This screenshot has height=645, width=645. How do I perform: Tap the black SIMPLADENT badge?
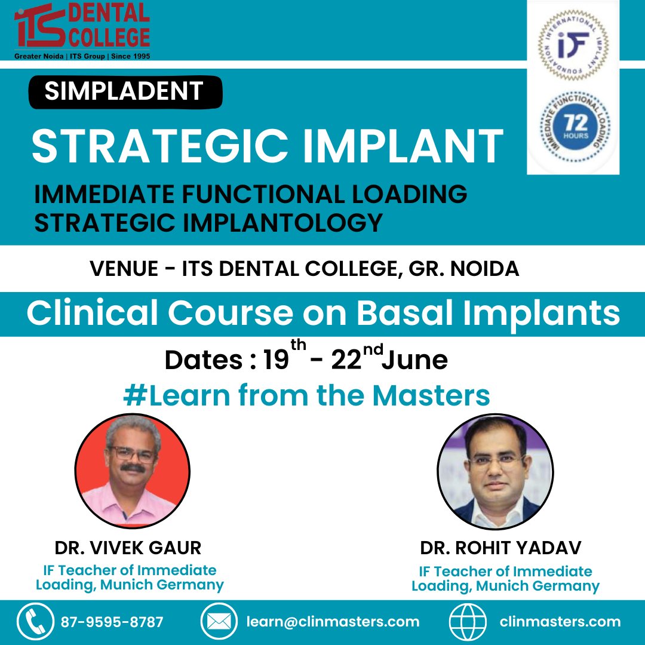125,91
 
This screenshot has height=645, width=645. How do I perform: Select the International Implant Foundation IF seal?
572,45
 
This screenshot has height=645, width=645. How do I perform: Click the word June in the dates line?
414,360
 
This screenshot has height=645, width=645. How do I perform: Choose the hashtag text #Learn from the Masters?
306,395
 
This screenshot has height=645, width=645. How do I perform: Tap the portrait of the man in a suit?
495,471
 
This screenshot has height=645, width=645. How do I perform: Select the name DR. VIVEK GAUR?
128,547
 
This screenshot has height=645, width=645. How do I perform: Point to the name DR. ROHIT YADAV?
501,548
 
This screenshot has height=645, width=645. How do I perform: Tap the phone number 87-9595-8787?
112,622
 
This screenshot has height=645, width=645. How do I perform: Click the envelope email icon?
219,622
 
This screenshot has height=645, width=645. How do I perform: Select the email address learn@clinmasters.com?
333,622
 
